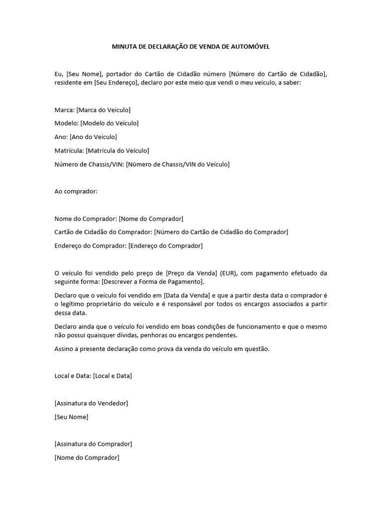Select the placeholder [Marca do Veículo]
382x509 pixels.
tap(103, 110)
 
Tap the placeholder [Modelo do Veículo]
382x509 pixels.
tap(109, 123)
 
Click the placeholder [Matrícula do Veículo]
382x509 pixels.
tap(117, 150)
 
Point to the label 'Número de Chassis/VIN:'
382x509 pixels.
tap(89, 164)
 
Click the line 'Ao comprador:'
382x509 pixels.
tap(76, 191)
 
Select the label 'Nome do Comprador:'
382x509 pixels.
tap(86, 218)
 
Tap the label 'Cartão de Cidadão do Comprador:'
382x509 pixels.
tap(103, 232)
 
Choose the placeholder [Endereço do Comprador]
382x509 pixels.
tap(166, 246)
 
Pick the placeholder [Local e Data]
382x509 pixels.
tap(112, 376)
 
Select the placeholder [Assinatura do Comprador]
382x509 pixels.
tap(93, 444)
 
